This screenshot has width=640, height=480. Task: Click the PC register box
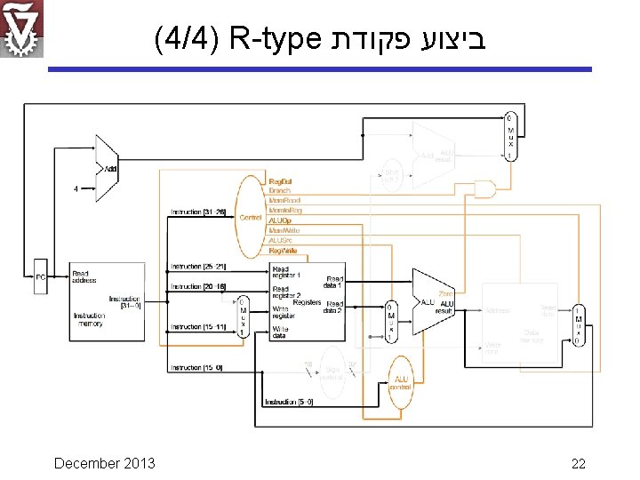click(x=40, y=277)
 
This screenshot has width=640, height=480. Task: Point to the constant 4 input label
click(x=76, y=188)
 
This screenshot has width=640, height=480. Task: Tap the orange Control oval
click(x=251, y=217)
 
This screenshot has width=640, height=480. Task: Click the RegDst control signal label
click(x=281, y=180)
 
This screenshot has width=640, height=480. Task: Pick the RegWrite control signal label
click(x=283, y=252)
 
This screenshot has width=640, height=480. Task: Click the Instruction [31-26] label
click(x=197, y=212)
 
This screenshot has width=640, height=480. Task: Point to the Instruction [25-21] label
click(x=198, y=267)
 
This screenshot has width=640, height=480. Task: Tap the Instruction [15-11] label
click(x=198, y=327)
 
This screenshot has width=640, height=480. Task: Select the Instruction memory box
click(x=108, y=302)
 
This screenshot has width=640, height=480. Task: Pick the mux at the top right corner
click(x=509, y=136)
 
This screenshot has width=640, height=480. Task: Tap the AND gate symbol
click(x=484, y=189)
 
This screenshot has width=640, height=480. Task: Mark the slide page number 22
click(x=578, y=463)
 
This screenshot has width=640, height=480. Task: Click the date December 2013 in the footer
click(x=104, y=463)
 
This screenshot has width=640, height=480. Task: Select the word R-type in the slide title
click(x=274, y=40)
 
